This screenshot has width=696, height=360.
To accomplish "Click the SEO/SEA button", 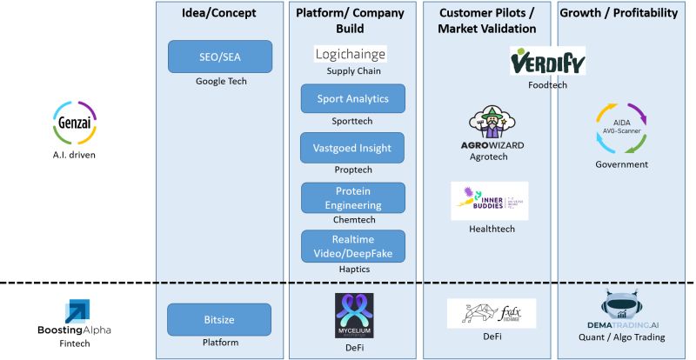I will [x=220, y=57].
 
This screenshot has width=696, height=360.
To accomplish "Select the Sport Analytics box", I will [x=353, y=98].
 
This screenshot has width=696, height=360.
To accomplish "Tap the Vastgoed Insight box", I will [x=353, y=148].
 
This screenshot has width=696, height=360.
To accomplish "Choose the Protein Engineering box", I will [x=353, y=197].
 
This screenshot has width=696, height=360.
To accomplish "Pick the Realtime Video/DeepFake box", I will [x=353, y=246].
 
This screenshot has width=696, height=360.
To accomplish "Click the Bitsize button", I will [x=220, y=319].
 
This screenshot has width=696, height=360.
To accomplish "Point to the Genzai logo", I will [x=74, y=123].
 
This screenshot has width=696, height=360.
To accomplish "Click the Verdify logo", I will [x=547, y=62].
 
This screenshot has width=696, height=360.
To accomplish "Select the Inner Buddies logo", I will [x=489, y=201].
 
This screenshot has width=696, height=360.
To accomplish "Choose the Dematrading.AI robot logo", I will [x=621, y=309].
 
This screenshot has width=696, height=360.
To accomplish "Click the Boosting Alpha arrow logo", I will [x=74, y=311].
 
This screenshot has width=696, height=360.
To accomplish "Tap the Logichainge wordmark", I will [x=351, y=55].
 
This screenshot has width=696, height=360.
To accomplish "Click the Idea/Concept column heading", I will [x=220, y=13].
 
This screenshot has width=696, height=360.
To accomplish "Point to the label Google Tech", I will [x=220, y=82].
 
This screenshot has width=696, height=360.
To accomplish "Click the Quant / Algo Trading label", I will [x=621, y=337].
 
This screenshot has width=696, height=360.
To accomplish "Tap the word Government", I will [x=622, y=163].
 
